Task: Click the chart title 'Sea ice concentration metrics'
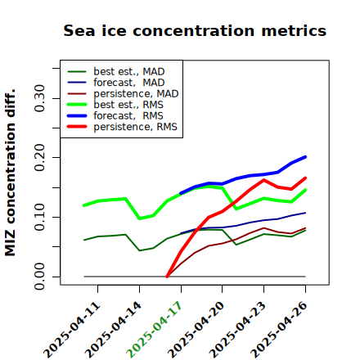coord(195,30)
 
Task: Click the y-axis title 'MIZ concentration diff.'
coord(10,173)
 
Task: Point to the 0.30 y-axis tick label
coord(40,98)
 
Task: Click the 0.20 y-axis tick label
coord(40,158)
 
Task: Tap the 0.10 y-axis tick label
coord(40,217)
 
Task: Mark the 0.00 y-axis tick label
coord(40,277)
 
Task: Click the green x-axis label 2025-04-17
coord(154,330)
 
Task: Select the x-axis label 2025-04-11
coord(71,330)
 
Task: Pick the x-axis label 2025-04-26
coord(278,330)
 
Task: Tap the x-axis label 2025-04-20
coord(196,330)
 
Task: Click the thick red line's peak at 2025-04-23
coord(263,180)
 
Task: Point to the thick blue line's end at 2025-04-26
coord(305,157)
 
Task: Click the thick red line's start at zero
coord(167,277)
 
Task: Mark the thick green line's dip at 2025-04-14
coord(140,218)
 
